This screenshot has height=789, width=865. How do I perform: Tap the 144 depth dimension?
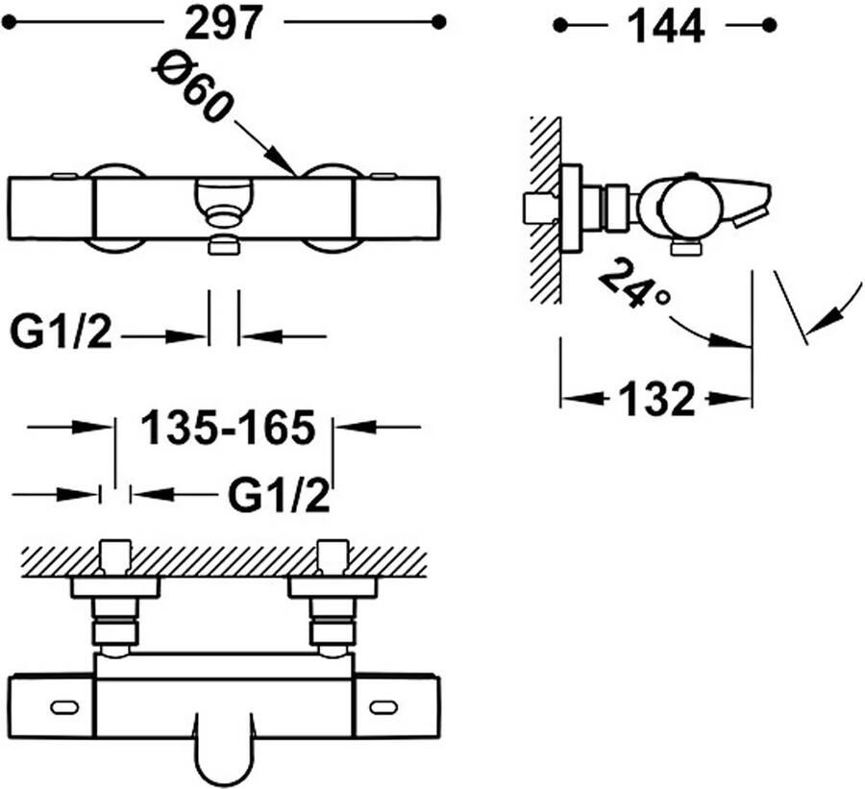pos(666,27)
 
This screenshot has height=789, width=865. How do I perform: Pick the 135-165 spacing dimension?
pos(229,427)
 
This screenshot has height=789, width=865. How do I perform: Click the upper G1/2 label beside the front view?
pos(61,333)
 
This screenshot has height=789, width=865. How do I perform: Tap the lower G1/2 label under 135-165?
pos(279,496)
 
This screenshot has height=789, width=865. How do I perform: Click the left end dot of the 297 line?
pos(9,23)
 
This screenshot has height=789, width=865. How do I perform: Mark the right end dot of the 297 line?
pos(438,23)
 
